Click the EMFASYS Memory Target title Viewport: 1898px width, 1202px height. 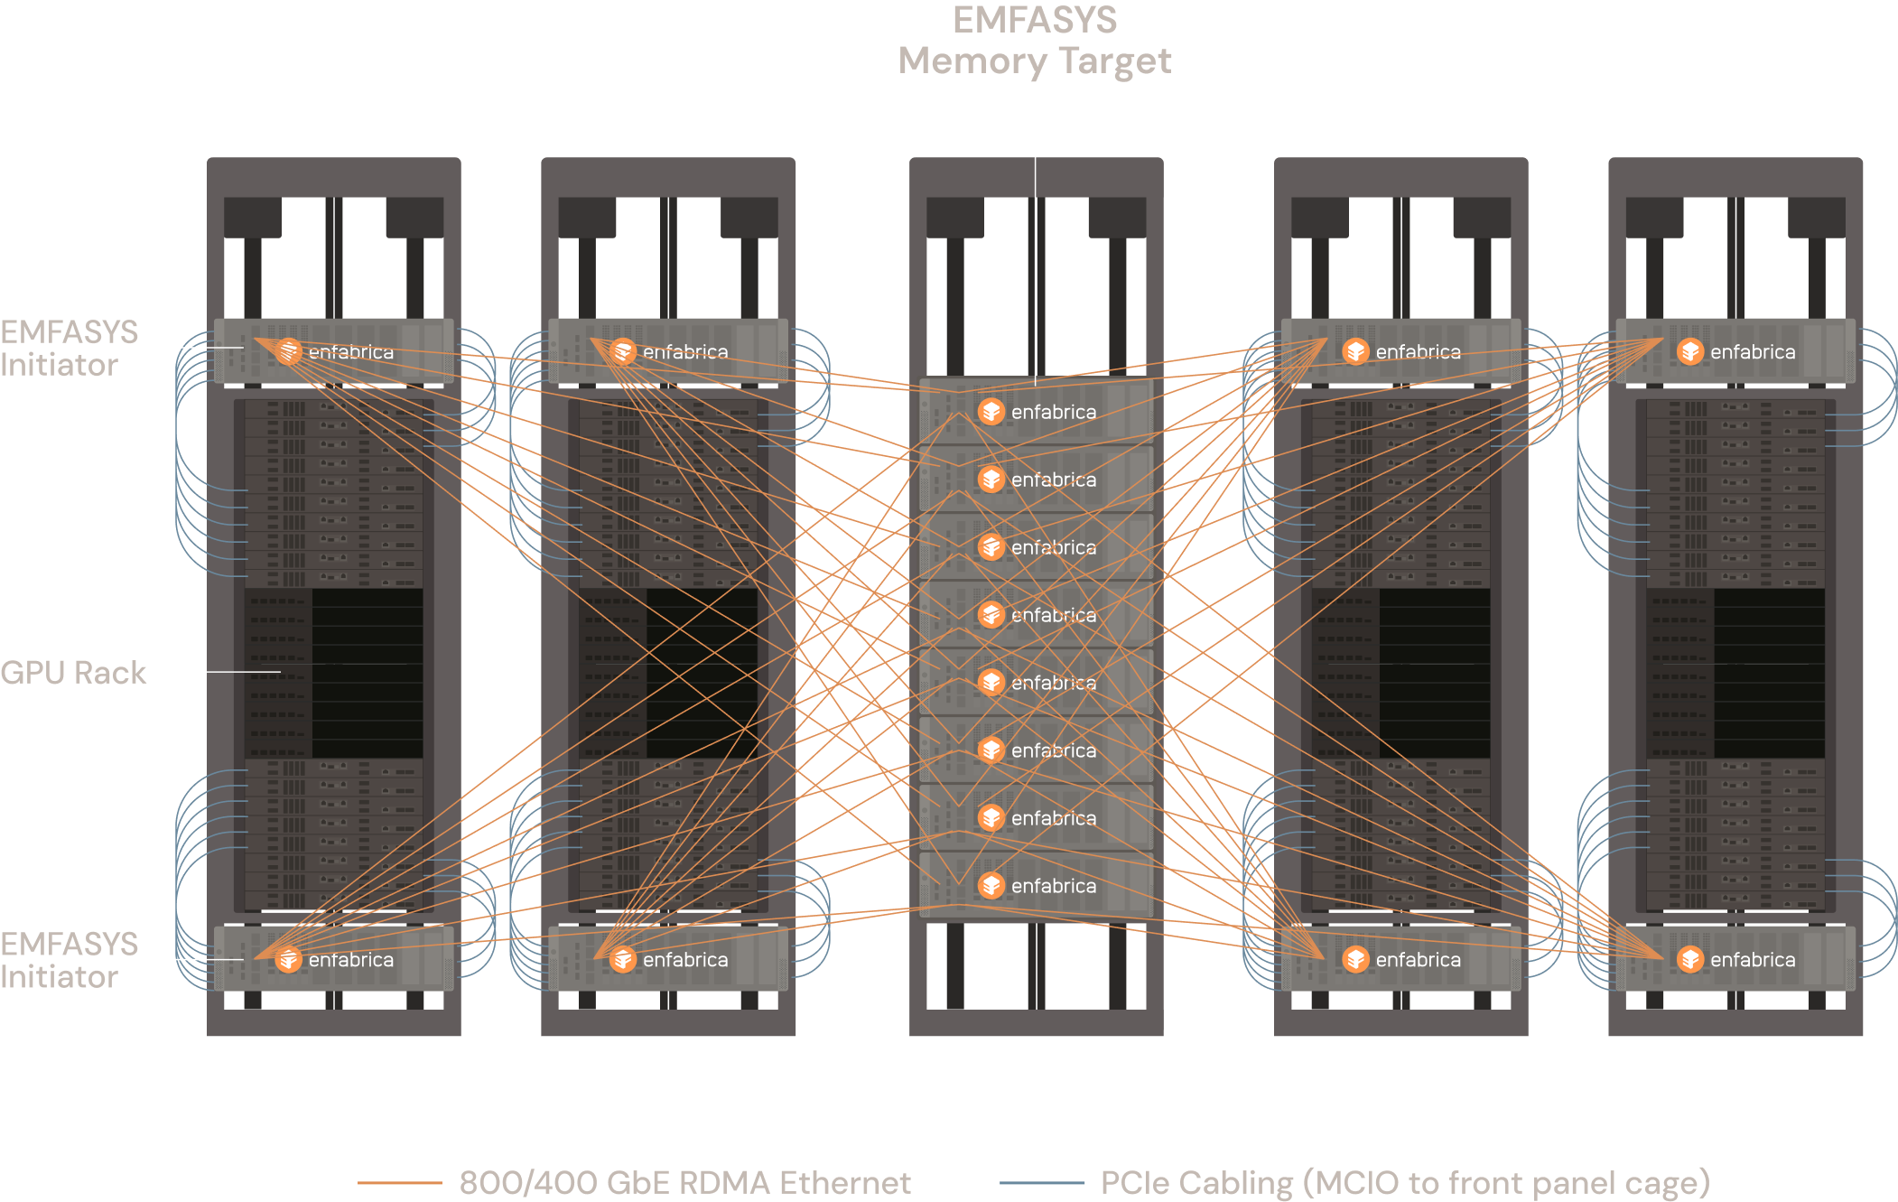[x=1035, y=41]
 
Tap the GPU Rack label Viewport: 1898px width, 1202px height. [x=73, y=673]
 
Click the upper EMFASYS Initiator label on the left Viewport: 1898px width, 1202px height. [x=69, y=349]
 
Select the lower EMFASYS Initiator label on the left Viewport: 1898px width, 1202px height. [x=69, y=960]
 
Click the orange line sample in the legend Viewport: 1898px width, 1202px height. [x=399, y=1182]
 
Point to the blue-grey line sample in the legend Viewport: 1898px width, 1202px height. [x=1042, y=1182]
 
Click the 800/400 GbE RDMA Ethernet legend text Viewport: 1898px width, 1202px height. [x=684, y=1183]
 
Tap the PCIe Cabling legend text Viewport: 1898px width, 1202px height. [x=1405, y=1183]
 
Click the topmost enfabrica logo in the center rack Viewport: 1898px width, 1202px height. [x=991, y=412]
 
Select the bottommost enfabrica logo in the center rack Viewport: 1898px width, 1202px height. [x=991, y=886]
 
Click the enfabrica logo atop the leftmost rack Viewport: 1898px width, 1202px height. [x=288, y=351]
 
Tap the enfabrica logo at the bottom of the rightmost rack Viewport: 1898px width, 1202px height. [x=1690, y=959]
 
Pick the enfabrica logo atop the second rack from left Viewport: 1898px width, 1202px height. [x=623, y=351]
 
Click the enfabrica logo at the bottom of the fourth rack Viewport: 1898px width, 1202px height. [x=1355, y=959]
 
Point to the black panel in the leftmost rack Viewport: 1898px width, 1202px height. [x=368, y=674]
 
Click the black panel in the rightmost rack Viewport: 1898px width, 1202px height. [x=1770, y=674]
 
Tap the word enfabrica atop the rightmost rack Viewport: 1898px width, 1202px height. [x=1753, y=352]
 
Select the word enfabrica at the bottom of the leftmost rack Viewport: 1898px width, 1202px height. [x=351, y=960]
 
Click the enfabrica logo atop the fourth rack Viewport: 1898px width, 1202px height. [x=1355, y=351]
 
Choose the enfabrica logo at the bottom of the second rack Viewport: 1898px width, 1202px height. [x=623, y=959]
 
